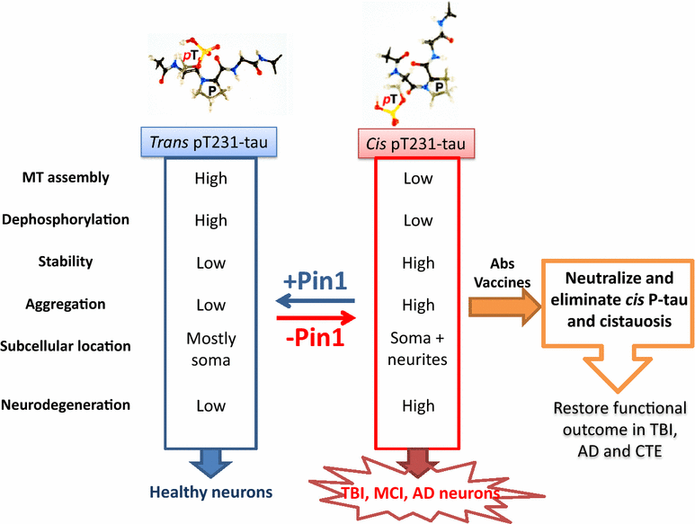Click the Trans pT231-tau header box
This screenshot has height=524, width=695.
coord(210,142)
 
